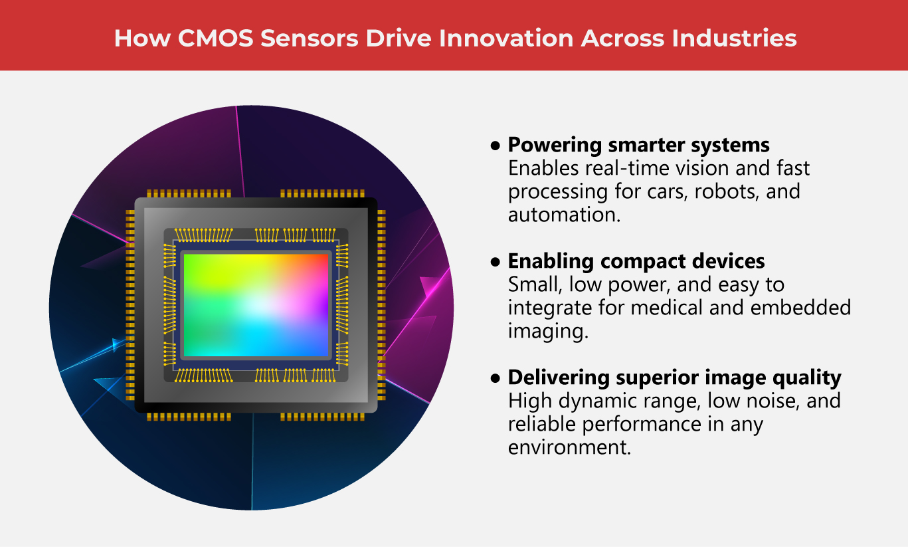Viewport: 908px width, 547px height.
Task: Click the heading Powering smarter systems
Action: click(x=638, y=145)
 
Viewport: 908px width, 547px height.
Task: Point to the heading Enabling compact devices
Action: click(x=636, y=261)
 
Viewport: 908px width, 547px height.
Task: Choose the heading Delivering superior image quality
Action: click(x=674, y=378)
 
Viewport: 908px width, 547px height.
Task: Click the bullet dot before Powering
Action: click(x=494, y=146)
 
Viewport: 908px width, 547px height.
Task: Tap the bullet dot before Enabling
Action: click(x=494, y=262)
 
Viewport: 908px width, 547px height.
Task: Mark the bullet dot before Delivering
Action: click(x=494, y=378)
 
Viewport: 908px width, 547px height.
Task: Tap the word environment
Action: click(x=568, y=447)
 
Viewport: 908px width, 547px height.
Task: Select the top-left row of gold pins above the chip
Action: click(x=189, y=193)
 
